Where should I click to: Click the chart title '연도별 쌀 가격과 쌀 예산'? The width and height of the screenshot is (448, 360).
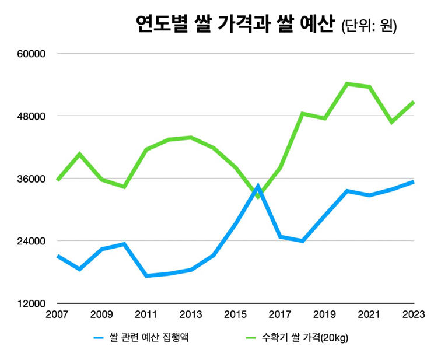(235, 24)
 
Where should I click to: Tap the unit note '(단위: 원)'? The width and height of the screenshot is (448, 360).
(369, 26)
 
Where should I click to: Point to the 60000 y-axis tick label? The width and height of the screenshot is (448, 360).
(31, 54)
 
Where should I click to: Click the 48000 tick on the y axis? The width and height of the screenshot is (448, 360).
(31, 116)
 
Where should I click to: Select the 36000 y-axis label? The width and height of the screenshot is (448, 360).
(31, 179)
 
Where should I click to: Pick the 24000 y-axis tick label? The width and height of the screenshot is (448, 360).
(31, 241)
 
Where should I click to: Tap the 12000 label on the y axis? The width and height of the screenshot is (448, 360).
(31, 304)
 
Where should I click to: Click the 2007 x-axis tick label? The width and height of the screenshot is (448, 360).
(57, 314)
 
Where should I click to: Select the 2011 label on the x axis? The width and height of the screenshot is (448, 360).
(146, 314)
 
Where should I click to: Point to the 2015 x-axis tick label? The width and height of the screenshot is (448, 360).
(235, 314)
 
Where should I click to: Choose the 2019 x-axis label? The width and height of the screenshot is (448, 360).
(324, 314)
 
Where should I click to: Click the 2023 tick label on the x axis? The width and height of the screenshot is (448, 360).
(414, 314)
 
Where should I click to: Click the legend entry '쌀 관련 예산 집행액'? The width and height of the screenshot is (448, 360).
(141, 338)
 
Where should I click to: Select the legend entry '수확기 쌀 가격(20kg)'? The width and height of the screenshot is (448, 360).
(297, 338)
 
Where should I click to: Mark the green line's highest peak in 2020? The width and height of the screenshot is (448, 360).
(347, 83)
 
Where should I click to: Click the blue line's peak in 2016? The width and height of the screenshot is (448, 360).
(258, 186)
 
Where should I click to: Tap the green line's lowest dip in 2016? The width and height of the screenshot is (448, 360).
(258, 197)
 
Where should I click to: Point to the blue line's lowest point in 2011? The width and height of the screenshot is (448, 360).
(146, 276)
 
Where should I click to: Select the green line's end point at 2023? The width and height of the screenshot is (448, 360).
(414, 102)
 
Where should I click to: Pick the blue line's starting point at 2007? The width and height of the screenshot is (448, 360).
(58, 256)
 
